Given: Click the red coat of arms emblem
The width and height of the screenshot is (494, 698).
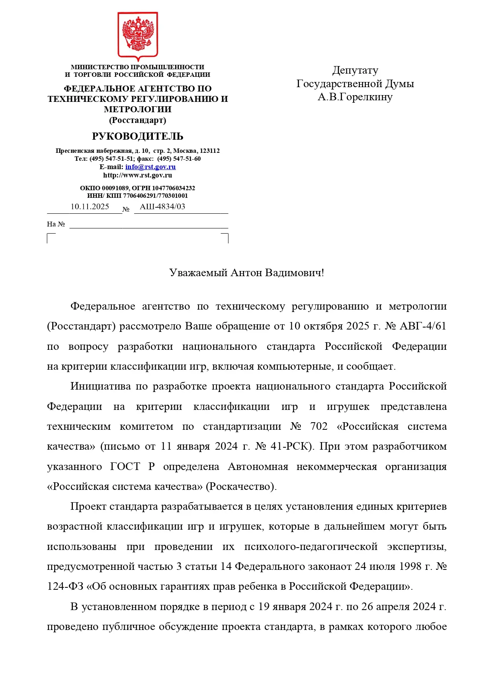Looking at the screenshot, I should (138, 36).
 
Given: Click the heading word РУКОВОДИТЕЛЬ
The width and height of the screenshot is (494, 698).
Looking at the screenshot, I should (138, 136).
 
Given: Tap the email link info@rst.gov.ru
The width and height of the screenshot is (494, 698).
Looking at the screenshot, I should (150, 167).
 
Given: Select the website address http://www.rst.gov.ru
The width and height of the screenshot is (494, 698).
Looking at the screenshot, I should (138, 175).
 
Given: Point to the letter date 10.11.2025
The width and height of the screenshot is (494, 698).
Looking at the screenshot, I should (90, 207).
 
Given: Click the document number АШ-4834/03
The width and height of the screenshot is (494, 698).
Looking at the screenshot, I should (162, 207).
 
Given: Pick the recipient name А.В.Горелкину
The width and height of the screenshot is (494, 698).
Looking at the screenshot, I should (355, 97).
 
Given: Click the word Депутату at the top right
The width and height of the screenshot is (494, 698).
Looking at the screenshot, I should (355, 70).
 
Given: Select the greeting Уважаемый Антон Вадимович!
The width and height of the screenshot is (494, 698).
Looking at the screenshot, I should (247, 273).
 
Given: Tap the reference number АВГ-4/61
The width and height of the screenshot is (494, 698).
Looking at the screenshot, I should (423, 326).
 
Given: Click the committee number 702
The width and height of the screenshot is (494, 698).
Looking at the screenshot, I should (319, 427).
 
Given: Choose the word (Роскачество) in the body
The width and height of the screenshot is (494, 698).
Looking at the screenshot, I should (241, 487).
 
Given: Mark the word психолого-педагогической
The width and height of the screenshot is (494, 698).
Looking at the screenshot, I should (311, 547).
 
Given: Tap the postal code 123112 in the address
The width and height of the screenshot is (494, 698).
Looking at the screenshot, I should (210, 151).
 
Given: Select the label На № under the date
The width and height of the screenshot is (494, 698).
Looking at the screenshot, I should (56, 224).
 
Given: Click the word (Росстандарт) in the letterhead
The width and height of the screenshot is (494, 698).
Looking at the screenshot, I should (138, 120).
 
